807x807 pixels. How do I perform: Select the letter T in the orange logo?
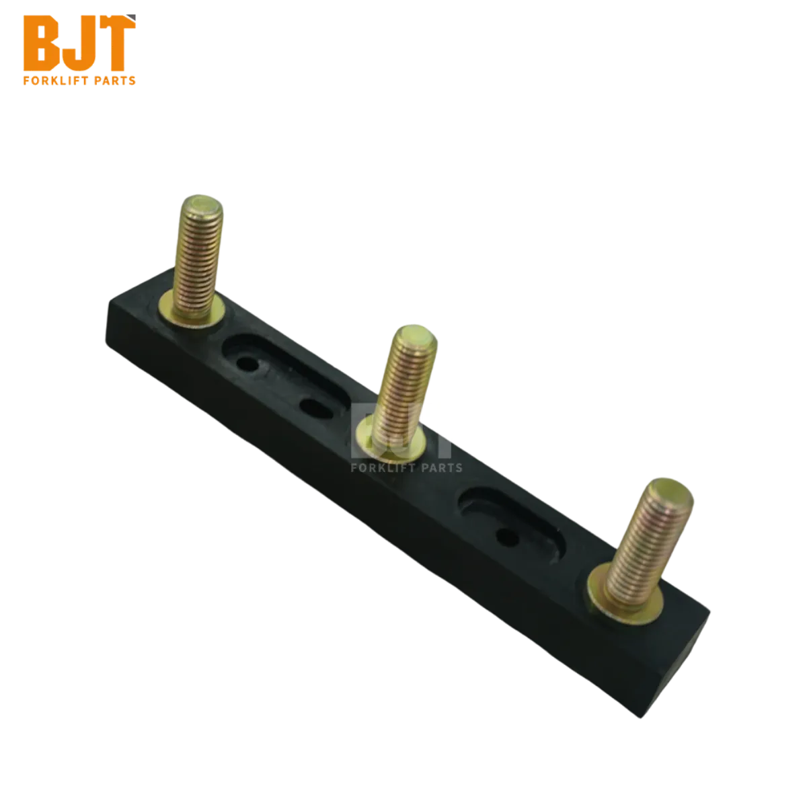116,43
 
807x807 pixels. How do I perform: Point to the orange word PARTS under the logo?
115,81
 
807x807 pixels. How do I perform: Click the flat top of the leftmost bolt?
202,206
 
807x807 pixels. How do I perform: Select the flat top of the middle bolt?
416,336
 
